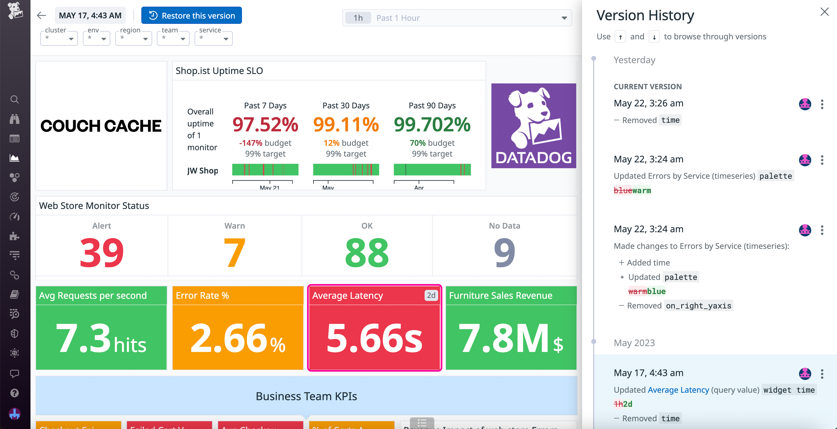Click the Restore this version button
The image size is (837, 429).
[x=192, y=16]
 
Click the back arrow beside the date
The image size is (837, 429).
[x=42, y=15]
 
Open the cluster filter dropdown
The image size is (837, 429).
[x=59, y=38]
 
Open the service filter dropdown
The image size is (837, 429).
[x=213, y=38]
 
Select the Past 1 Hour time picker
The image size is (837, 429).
[x=456, y=18]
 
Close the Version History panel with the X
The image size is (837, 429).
[x=824, y=12]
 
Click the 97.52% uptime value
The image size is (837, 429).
[x=265, y=124]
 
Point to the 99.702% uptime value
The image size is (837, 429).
[x=432, y=124]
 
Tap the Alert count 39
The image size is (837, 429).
[x=102, y=252]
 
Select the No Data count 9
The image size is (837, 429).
[x=504, y=252]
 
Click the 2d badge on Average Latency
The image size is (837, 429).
[x=431, y=295]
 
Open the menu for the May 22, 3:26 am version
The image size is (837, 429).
[x=822, y=104]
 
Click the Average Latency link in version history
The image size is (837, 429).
[x=678, y=390]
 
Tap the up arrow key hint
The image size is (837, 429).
[x=620, y=37]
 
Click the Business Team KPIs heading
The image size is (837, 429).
[x=306, y=396]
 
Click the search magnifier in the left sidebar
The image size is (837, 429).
[x=15, y=99]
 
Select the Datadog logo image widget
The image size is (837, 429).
[x=534, y=126]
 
